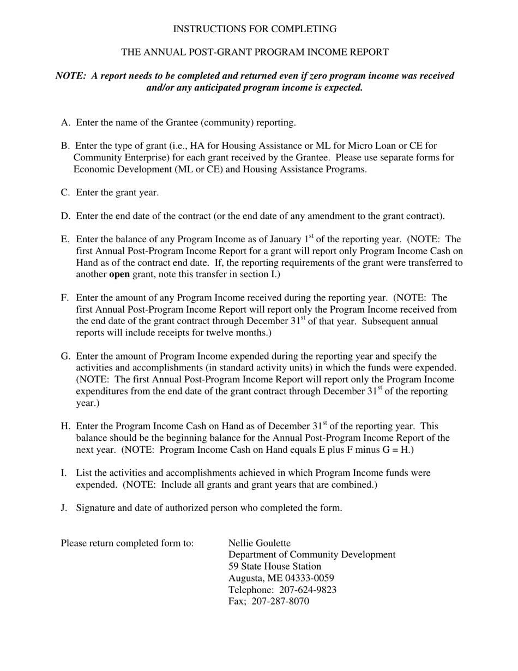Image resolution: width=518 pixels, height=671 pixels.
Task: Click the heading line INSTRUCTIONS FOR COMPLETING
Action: point(255,29)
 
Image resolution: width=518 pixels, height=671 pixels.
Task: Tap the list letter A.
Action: point(65,122)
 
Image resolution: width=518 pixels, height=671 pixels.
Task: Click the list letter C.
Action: point(65,193)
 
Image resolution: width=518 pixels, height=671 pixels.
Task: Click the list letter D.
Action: point(65,216)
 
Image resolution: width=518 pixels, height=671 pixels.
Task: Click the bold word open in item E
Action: point(119,274)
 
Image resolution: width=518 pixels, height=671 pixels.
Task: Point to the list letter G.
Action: point(65,356)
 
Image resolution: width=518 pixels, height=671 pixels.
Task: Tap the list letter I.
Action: point(64,473)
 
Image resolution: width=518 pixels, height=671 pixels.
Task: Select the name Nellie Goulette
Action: point(260,543)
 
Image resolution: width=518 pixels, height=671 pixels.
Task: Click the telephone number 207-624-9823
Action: point(308,590)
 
